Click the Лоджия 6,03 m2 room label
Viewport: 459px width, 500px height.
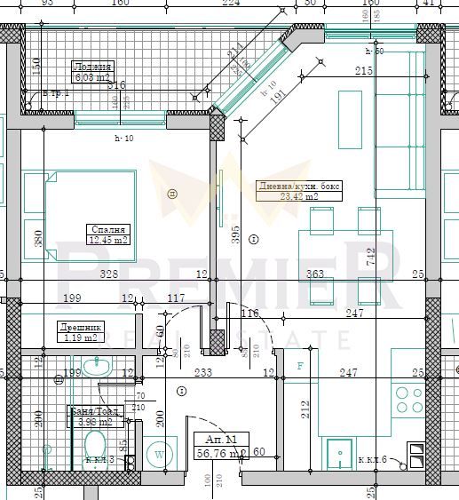(x=91, y=72)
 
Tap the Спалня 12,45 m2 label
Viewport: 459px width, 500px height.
(x=108, y=234)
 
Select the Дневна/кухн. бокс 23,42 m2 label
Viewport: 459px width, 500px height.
(x=298, y=191)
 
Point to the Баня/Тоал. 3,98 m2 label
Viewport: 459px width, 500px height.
(x=90, y=417)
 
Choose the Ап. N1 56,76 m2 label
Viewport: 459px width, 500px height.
(x=220, y=445)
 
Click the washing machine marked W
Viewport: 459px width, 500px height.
(x=160, y=452)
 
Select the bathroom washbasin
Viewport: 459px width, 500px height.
(x=99, y=365)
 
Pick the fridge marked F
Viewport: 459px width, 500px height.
(x=300, y=366)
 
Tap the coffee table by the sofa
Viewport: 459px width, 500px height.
(x=349, y=120)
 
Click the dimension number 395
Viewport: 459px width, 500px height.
(x=234, y=234)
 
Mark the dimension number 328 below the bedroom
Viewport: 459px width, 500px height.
(x=109, y=275)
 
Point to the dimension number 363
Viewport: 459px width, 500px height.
(x=314, y=275)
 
